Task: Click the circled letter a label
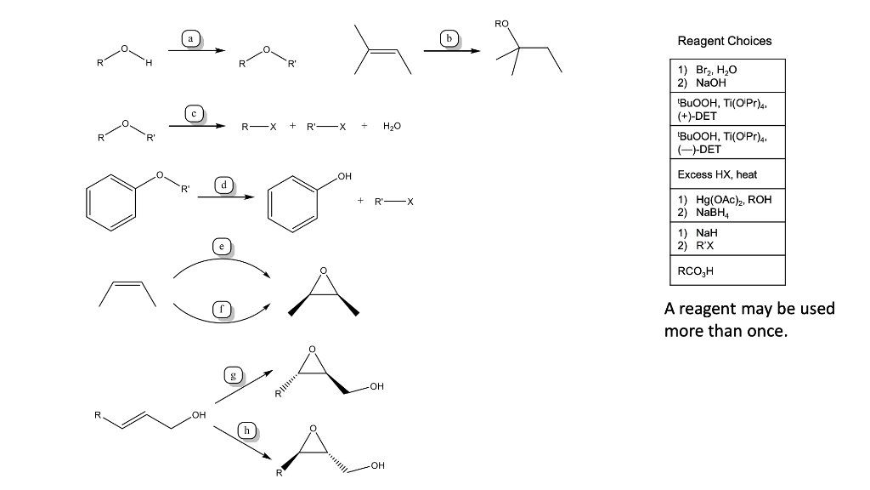pos(191,38)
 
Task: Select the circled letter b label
pos(449,38)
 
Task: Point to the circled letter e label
pos(222,246)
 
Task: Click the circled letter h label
pos(246,430)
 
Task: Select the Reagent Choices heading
pos(724,41)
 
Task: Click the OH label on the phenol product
pos(343,176)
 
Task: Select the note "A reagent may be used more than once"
pos(749,319)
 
